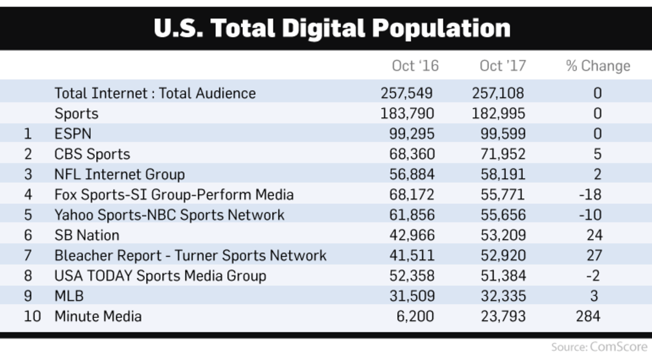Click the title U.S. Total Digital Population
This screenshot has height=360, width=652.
(332, 28)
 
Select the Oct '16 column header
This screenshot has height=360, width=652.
(415, 66)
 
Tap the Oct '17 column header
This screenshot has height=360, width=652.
(503, 66)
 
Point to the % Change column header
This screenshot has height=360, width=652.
(598, 66)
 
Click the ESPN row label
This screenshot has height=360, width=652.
(73, 134)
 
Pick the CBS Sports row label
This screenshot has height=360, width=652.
(92, 154)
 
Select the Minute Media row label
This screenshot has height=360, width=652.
(98, 316)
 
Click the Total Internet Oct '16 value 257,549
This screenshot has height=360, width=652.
(407, 93)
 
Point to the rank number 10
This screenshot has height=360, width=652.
(32, 316)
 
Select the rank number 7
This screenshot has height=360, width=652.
(28, 255)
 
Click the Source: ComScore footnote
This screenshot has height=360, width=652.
(599, 347)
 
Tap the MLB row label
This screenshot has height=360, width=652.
(68, 296)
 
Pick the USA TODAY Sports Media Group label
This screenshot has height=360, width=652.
(160, 276)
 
